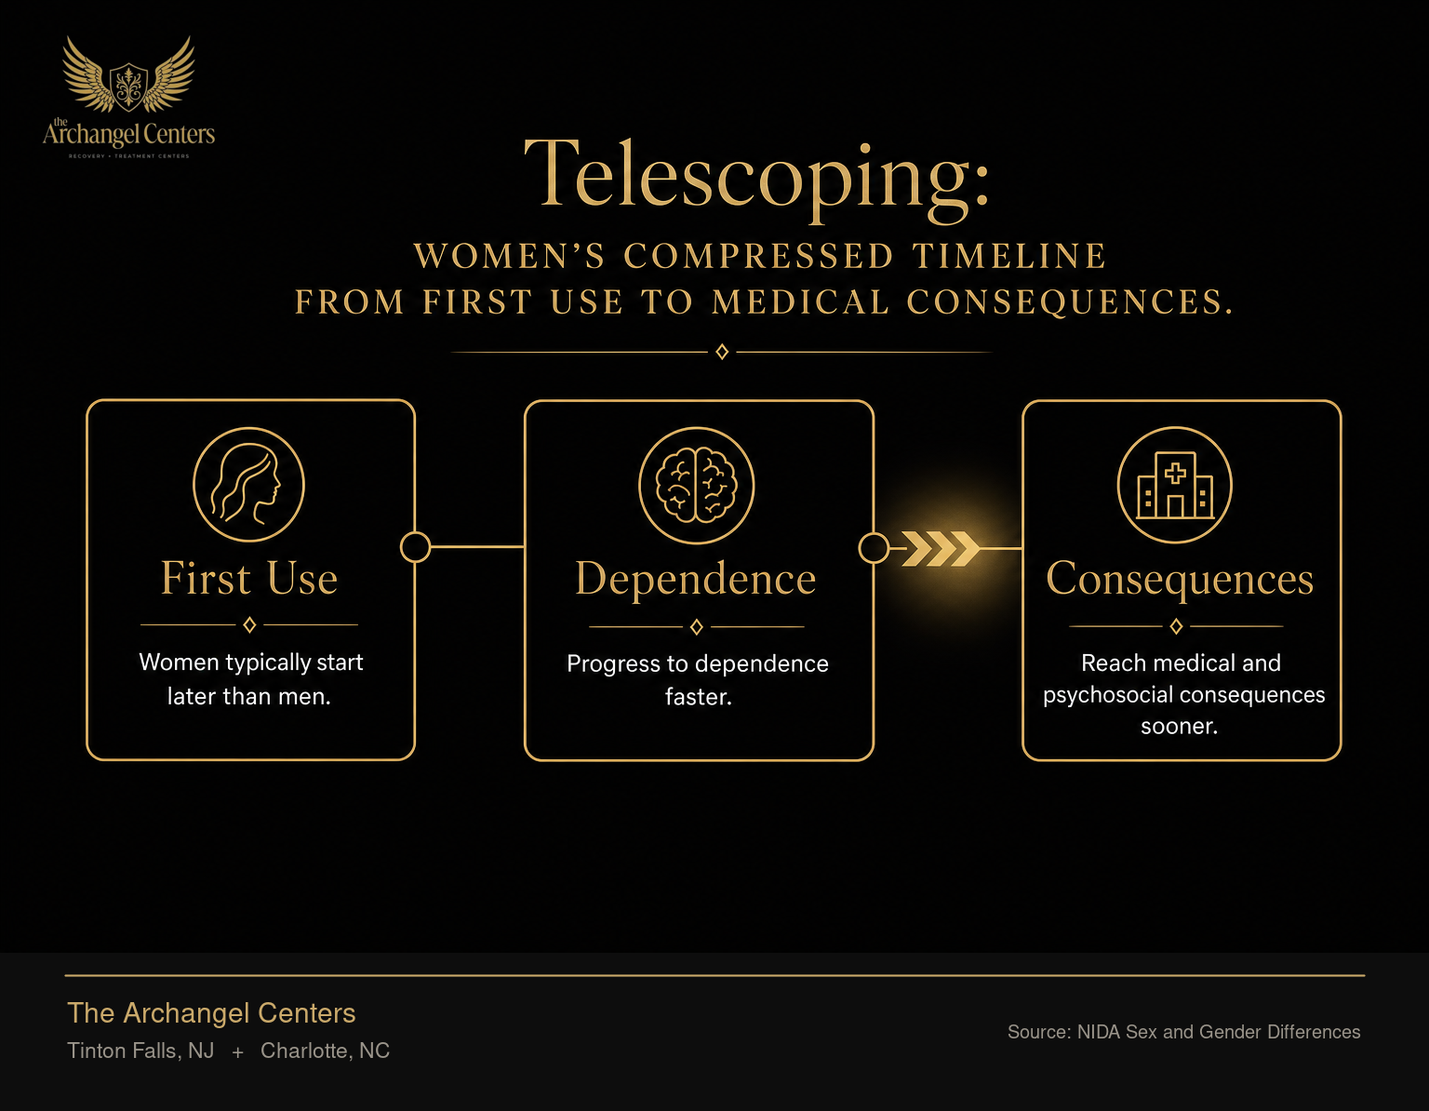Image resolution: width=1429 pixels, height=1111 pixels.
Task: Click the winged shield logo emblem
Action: pyautogui.click(x=128, y=75)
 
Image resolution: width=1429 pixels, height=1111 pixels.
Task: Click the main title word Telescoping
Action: pyautogui.click(x=756, y=178)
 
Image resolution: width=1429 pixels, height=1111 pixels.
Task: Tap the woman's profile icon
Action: pyautogui.click(x=248, y=485)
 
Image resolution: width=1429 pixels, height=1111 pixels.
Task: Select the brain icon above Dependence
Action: pyautogui.click(x=697, y=485)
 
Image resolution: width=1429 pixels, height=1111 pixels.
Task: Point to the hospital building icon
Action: pyautogui.click(x=1174, y=485)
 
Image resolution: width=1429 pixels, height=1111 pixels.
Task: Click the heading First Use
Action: pyautogui.click(x=249, y=578)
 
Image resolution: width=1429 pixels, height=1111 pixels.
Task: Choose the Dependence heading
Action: pyautogui.click(x=696, y=579)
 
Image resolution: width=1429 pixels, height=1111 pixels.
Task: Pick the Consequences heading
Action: pyautogui.click(x=1180, y=580)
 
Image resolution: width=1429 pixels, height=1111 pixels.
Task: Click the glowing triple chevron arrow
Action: pyautogui.click(x=942, y=548)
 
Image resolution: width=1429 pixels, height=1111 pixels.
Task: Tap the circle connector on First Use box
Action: pyautogui.click(x=416, y=547)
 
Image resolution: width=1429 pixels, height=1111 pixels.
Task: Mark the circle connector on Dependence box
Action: pyautogui.click(x=874, y=548)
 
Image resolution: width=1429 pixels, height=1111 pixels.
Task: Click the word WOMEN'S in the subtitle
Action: pyautogui.click(x=510, y=256)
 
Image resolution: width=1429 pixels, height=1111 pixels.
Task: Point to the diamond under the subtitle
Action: pyautogui.click(x=722, y=353)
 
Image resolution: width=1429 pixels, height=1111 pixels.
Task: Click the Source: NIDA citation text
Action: pyautogui.click(x=1183, y=1032)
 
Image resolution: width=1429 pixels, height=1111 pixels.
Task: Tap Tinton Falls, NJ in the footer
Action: pyautogui.click(x=140, y=1051)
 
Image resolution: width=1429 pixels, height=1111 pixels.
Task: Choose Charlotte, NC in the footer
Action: pyautogui.click(x=325, y=1051)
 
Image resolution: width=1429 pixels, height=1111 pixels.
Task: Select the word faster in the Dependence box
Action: pyautogui.click(x=699, y=697)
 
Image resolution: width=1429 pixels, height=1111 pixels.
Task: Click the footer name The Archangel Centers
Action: pyautogui.click(x=211, y=1013)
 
